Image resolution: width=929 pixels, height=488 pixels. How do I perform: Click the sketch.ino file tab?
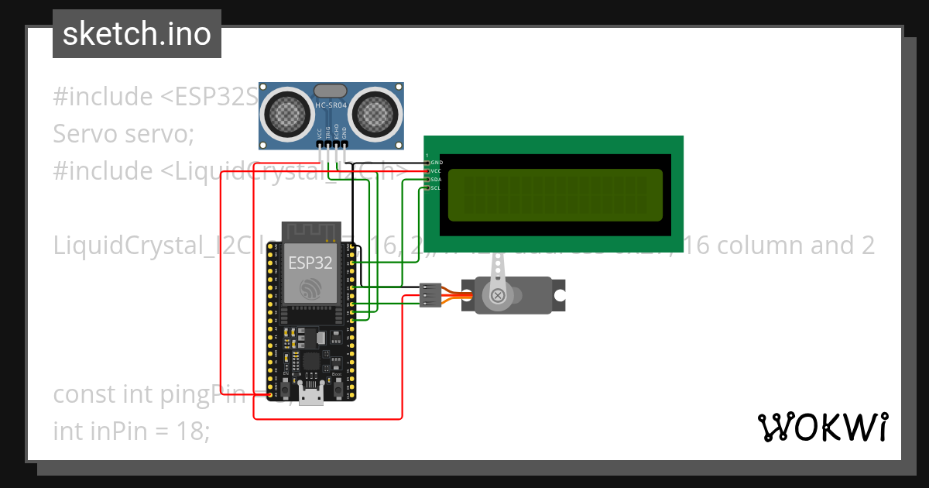coord(137,34)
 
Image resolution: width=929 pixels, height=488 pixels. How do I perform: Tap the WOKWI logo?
coord(822,427)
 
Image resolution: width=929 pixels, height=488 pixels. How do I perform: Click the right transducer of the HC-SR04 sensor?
coord(375,115)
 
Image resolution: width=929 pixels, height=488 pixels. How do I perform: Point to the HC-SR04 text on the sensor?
coord(331,105)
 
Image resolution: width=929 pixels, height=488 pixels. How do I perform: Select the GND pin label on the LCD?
coord(436,162)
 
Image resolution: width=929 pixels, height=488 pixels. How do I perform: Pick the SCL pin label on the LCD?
coord(435,187)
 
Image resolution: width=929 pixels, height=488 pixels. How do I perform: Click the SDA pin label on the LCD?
coord(436,179)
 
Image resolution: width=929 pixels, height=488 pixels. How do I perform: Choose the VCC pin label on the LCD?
coord(436,170)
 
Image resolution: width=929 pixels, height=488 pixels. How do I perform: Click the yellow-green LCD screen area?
coord(554,194)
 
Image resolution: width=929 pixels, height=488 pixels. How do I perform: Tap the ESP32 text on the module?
coord(310,262)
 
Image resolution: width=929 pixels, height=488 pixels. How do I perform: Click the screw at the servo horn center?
coord(498,295)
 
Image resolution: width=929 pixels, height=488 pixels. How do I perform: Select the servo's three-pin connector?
coord(430,295)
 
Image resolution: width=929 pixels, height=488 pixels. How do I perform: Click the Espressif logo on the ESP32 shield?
coord(310,287)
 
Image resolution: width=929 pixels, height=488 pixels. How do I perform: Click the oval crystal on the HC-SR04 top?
coord(331,91)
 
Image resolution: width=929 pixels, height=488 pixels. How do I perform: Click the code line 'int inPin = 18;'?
coord(132,431)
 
